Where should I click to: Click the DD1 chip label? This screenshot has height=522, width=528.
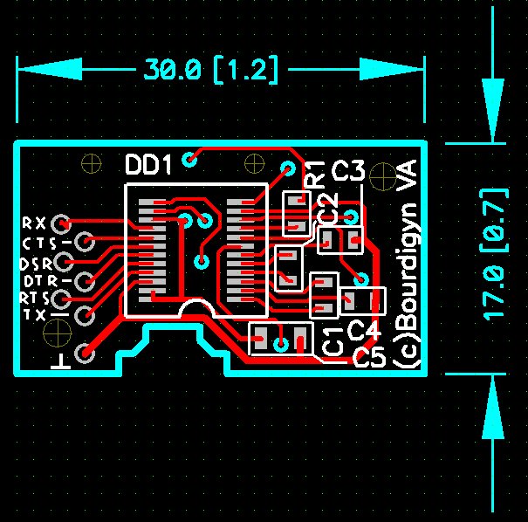[151, 164]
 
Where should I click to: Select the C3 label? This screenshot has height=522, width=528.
[348, 170]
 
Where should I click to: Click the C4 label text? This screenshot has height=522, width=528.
[364, 330]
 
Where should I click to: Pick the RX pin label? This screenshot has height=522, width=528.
[36, 222]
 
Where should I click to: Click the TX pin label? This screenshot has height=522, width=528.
[36, 314]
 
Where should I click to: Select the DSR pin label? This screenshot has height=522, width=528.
[36, 263]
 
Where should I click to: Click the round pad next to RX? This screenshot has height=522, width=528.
[62, 222]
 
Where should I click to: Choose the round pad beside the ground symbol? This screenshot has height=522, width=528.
[86, 353]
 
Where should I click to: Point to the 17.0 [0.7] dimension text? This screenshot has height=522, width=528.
[495, 253]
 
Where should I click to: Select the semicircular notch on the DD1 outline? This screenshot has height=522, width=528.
[195, 308]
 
